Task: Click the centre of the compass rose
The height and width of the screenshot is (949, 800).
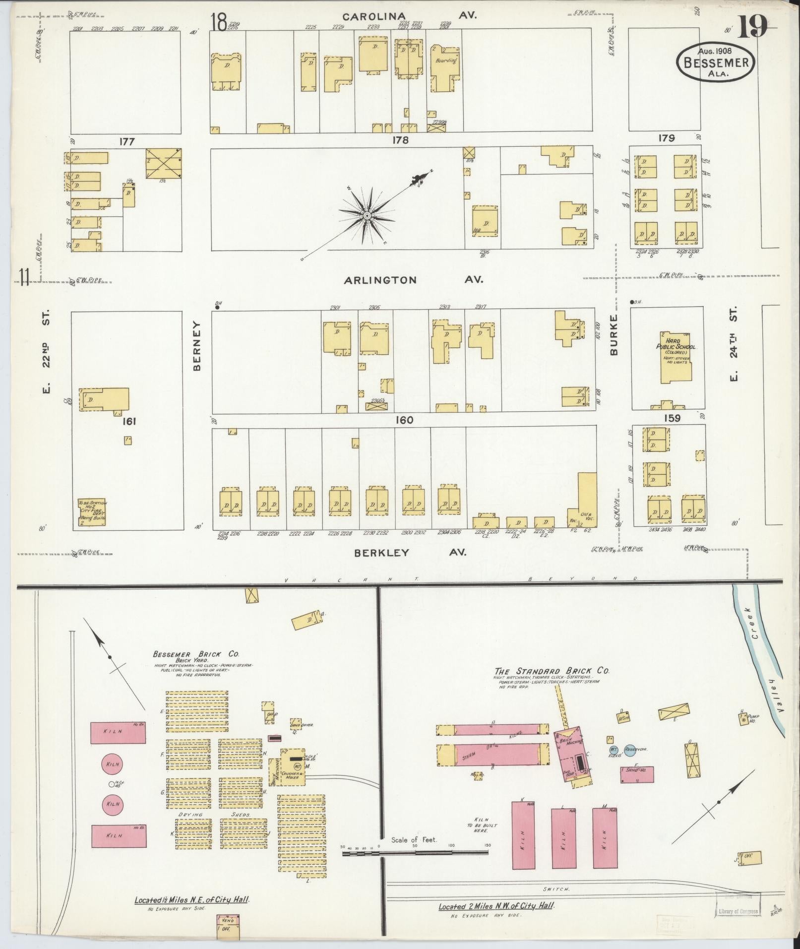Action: pos(367,216)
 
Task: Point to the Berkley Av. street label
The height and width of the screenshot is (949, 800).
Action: pos(410,552)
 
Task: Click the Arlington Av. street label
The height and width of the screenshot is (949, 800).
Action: pos(414,280)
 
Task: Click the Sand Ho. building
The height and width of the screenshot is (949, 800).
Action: pos(636,774)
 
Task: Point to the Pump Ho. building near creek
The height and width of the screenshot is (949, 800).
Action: pos(743,719)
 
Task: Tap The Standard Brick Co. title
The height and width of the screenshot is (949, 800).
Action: pos(552,671)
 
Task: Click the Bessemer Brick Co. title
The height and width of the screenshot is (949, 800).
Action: pos(196,654)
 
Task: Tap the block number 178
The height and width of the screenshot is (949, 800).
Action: pos(400,140)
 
